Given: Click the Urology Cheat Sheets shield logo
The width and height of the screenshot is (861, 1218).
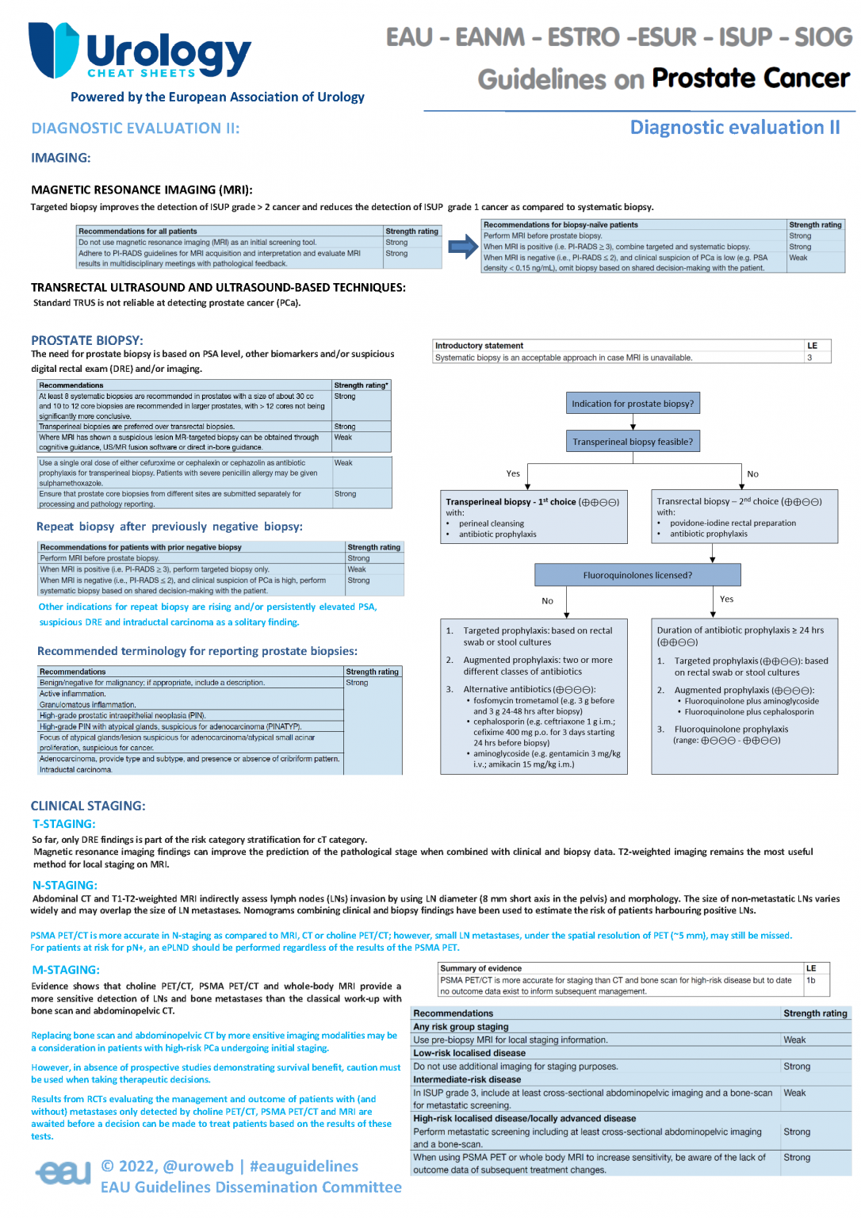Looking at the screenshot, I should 53,50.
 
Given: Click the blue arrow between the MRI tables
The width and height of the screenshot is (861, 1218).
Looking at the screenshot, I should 462,247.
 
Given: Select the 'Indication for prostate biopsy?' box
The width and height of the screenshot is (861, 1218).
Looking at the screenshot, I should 632,404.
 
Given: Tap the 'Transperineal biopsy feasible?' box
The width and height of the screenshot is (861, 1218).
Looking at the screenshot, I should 632,442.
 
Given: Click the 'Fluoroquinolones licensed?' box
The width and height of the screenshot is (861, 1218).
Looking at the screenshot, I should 637,575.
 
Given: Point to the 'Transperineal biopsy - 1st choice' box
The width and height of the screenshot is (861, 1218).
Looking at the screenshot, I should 533,517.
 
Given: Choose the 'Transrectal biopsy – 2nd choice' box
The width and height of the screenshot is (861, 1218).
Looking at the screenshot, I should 744,517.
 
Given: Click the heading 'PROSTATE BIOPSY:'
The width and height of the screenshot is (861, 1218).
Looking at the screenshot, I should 87,340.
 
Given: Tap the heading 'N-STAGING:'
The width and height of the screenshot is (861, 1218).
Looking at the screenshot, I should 65,885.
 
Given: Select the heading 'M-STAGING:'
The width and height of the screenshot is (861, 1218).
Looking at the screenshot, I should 66,970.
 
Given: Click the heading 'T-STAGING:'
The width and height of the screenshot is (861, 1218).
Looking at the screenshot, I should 63,824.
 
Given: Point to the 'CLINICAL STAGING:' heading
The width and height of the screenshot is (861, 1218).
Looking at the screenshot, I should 88,806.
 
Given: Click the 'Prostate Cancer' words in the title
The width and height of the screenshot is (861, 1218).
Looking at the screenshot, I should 750,79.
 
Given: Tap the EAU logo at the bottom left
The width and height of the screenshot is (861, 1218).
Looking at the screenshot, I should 63,1173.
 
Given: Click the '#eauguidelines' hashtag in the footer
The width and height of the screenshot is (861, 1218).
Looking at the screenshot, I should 304,1166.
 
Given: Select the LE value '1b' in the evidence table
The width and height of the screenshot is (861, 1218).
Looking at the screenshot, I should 811,980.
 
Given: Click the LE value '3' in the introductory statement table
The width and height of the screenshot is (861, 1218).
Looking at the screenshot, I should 809,358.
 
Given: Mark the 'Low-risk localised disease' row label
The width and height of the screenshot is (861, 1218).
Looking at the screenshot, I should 469,1053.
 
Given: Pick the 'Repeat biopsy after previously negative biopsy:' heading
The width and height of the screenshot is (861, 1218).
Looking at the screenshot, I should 170,527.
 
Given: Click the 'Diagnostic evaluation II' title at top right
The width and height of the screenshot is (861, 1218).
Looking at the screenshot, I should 734,128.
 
